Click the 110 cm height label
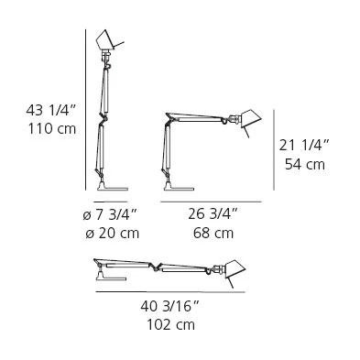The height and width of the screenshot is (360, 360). [52, 128]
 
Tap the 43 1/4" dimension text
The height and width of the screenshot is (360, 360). [50, 110]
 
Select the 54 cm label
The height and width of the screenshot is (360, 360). [305, 164]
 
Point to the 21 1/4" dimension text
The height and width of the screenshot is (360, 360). [304, 145]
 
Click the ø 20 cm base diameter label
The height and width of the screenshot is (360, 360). [112, 234]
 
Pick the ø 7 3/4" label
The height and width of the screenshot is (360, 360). [111, 215]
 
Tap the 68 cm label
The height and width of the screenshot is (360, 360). [213, 234]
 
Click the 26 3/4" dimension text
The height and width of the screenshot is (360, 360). [213, 214]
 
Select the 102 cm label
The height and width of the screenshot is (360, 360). [170, 324]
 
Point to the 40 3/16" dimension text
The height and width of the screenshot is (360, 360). [169, 306]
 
